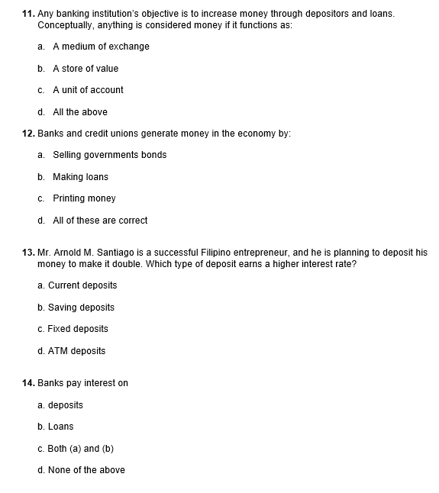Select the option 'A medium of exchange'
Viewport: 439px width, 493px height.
101,47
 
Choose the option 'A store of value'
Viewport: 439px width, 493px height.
86,69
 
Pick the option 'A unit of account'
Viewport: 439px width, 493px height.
88,90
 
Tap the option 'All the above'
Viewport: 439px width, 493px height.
80,112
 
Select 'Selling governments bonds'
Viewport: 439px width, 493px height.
109,155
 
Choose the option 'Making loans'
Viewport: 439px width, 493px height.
80,177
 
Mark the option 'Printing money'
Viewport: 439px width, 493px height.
84,198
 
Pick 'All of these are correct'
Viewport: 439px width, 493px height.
100,221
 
